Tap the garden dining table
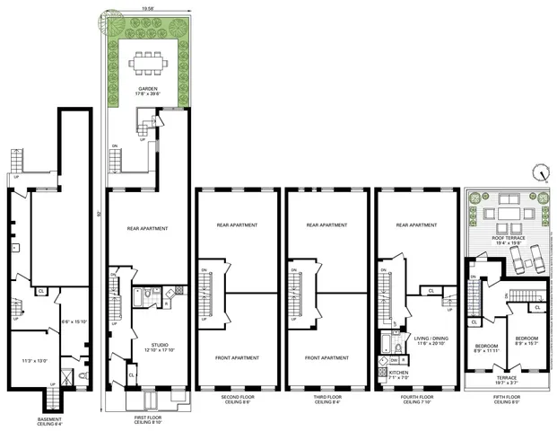pos(144,63)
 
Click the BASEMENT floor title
pos(50,418)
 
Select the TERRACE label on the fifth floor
pos(507,378)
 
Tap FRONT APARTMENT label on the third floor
pos(326,357)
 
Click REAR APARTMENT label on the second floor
pos(237,225)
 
